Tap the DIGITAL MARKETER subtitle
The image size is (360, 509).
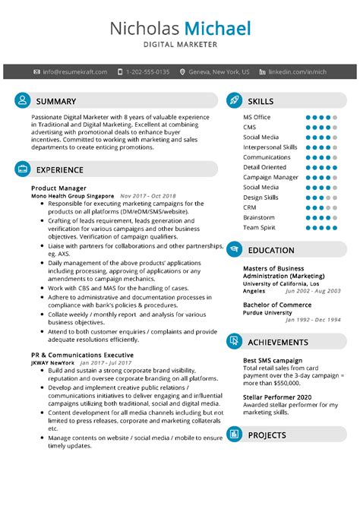(180, 46)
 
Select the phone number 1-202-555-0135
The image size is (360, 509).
(147, 71)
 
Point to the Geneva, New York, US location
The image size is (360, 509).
(219, 71)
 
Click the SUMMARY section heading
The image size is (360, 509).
(56, 101)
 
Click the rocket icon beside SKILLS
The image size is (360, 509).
(234, 101)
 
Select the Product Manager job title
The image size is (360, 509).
(58, 188)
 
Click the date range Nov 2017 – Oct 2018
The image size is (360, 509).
(147, 196)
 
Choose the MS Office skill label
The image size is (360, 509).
(257, 118)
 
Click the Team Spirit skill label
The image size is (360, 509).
(260, 227)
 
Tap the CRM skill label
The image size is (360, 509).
(250, 207)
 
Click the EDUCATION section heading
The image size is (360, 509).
(271, 250)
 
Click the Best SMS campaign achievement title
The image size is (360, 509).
(273, 361)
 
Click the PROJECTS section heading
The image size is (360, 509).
(267, 435)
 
